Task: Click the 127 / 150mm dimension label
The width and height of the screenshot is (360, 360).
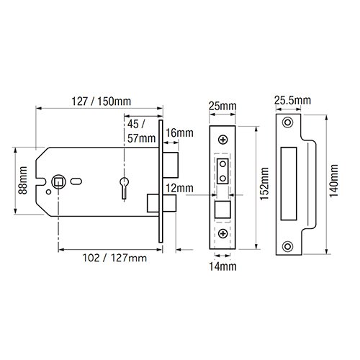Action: [102, 102]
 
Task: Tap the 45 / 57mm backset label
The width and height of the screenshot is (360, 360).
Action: [141, 131]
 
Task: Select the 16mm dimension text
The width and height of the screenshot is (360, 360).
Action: [179, 133]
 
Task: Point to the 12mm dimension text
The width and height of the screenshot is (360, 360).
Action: [179, 188]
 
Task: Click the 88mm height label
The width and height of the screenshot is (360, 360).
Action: [23, 180]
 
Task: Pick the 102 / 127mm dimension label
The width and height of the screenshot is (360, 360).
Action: [114, 258]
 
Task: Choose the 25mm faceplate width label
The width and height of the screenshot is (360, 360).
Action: [222, 106]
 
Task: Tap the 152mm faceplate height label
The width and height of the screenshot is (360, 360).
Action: [264, 184]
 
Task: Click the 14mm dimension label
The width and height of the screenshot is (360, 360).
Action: [222, 266]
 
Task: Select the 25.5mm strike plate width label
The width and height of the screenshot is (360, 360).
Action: [292, 100]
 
